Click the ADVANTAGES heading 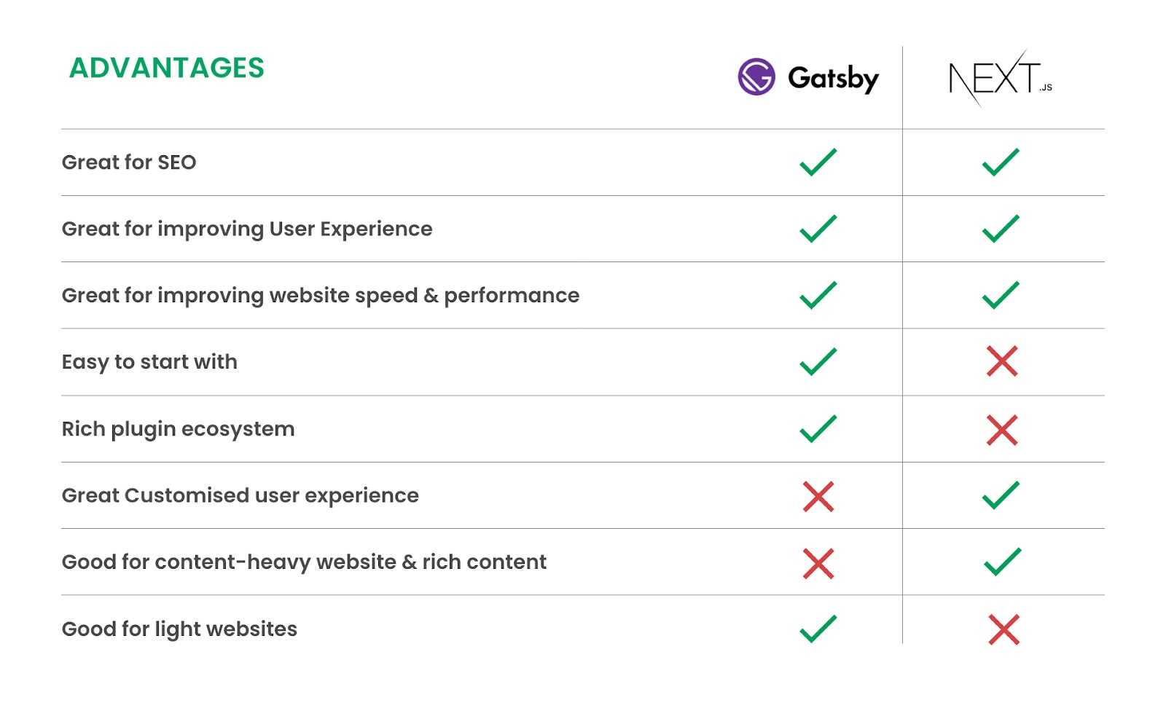pos(167,68)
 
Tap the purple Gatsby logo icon pos(756,76)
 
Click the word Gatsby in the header pos(834,79)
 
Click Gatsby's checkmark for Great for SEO pos(818,162)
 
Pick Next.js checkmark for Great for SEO pos(1001,162)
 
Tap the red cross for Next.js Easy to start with pos(1002,361)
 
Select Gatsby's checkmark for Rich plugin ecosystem pos(818,428)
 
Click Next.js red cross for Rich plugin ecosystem pos(1002,430)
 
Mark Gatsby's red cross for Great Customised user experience pos(818,496)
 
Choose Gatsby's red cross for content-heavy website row pos(818,563)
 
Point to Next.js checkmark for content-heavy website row pos(1003,562)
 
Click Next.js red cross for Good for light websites pos(1003,630)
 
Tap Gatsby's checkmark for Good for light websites pos(818,629)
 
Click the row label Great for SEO pos(129,162)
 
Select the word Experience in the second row pos(376,229)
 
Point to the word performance pos(512,296)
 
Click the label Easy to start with pos(149,363)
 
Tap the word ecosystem pos(238,430)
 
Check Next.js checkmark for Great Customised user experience pos(1001,495)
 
